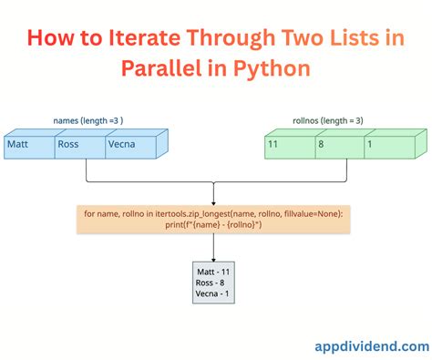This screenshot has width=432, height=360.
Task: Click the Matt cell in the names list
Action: pos(28,144)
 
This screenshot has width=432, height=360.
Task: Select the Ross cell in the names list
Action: pos(78,144)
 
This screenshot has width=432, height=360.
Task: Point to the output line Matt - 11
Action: pos(214,272)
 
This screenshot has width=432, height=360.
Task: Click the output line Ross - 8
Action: pos(211,283)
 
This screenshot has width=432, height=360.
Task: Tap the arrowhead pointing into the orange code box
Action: pos(213,201)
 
